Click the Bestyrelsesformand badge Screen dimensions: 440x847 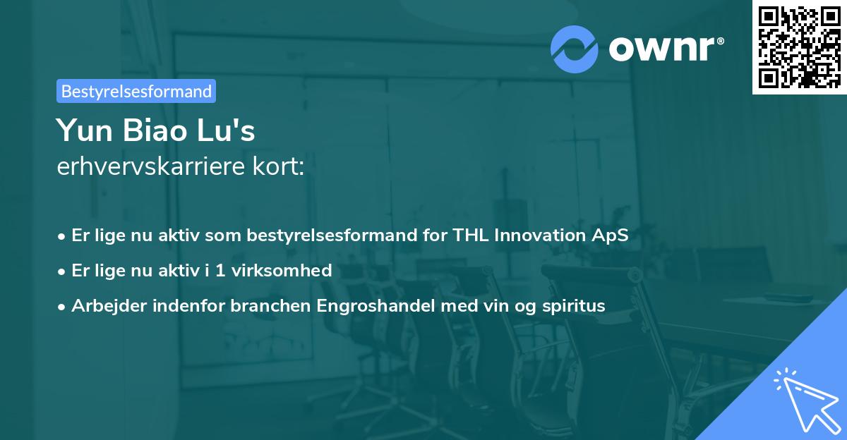[x=136, y=91]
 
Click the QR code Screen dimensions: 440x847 [x=799, y=47]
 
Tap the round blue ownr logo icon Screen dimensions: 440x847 [x=575, y=49]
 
